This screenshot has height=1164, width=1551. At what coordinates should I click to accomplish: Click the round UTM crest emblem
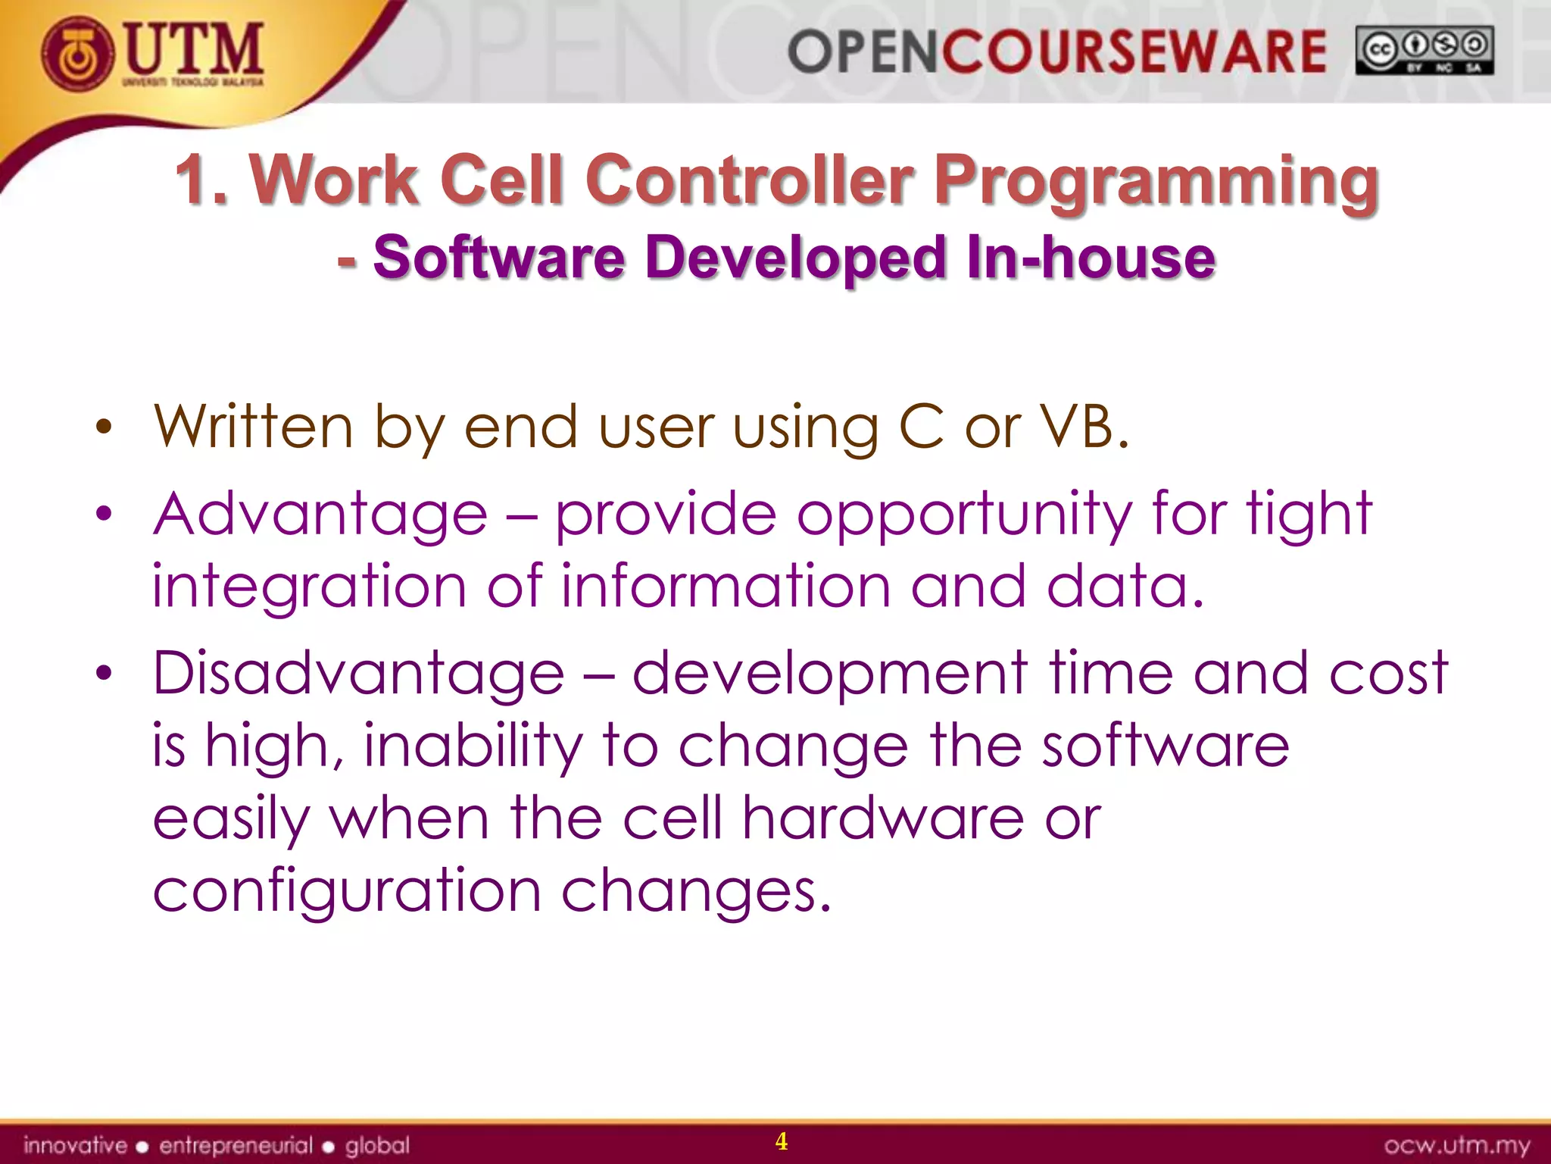point(78,54)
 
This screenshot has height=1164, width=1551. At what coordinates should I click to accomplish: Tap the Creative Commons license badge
point(1424,51)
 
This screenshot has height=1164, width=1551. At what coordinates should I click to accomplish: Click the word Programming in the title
point(1156,182)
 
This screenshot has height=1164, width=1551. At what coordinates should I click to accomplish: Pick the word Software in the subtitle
point(499,258)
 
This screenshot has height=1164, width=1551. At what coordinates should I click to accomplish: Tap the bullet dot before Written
point(104,429)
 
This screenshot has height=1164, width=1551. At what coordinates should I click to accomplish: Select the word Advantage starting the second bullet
point(320,515)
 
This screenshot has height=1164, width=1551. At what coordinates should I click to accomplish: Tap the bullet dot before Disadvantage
point(104,673)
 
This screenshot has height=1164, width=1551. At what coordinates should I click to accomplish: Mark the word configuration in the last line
point(347,893)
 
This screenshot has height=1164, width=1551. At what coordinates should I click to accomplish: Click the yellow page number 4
point(782,1141)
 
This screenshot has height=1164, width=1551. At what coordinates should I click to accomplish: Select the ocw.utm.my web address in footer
point(1456,1145)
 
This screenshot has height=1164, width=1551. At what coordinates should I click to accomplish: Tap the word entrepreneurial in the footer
point(236,1145)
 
